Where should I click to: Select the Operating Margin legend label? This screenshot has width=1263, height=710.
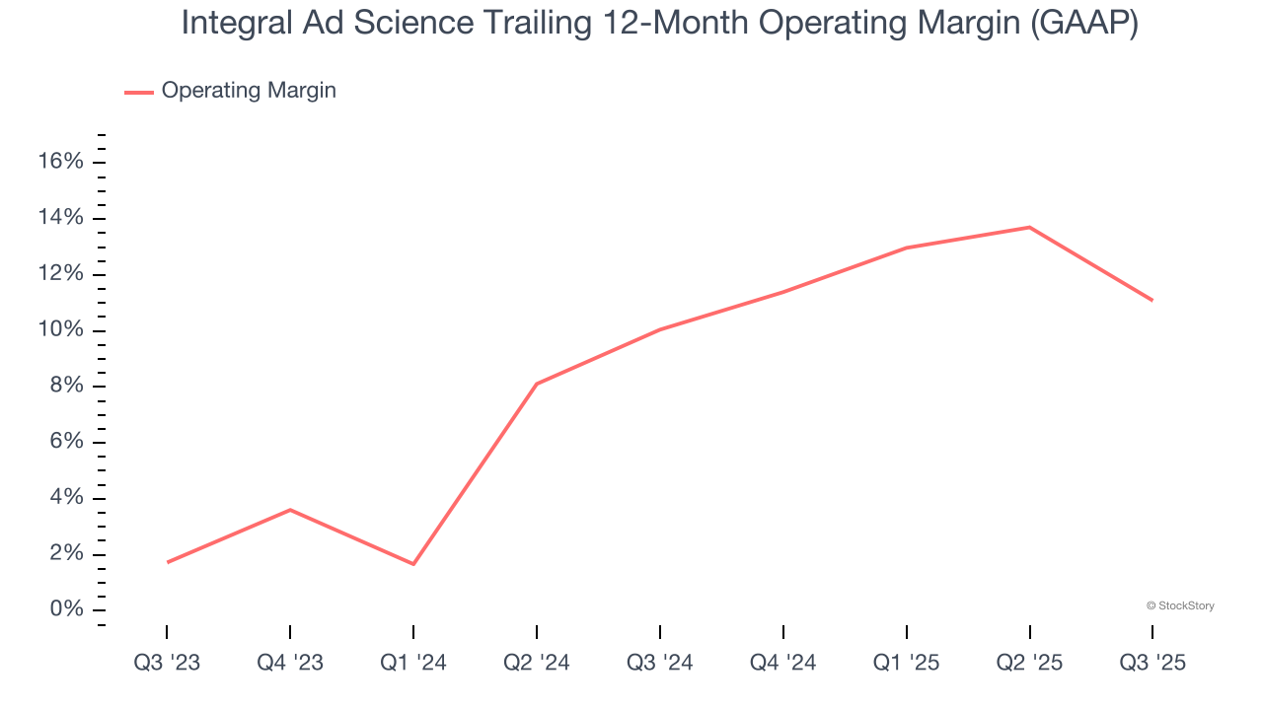point(249,91)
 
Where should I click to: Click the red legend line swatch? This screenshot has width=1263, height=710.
point(138,92)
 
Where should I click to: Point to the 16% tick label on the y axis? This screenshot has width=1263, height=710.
point(60,162)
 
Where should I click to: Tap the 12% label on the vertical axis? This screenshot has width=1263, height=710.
point(60,274)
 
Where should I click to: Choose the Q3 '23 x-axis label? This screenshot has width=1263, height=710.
point(167,663)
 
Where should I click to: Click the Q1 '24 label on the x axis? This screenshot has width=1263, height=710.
point(413,663)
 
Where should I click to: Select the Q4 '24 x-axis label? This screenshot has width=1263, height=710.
point(783,663)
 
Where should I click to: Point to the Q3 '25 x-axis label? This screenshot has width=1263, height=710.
point(1152,663)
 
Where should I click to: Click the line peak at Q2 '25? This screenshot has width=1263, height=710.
point(1029,228)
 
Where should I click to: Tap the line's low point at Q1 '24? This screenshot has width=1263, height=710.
point(413,564)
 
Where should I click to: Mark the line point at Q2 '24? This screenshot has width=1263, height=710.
point(536,384)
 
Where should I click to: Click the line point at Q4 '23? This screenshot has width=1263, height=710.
point(290,510)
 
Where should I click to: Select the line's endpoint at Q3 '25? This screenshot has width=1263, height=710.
point(1152,301)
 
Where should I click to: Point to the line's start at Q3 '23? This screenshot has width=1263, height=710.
point(167,562)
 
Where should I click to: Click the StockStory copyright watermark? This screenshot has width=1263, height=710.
point(1180,605)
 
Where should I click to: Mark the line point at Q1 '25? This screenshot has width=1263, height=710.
point(906,248)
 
